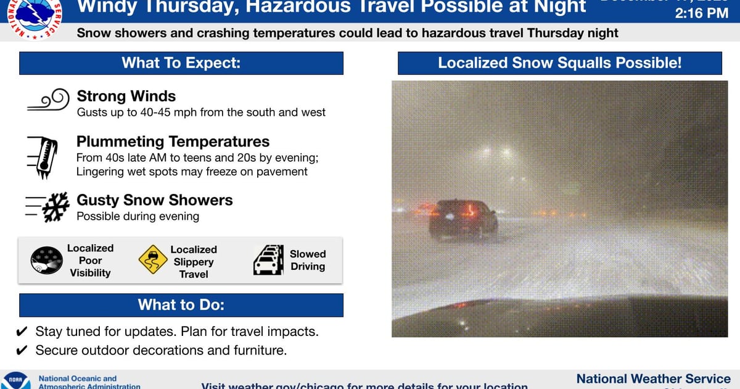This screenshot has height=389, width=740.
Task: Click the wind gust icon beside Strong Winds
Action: (x=47, y=101)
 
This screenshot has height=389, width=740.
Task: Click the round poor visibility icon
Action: (x=46, y=261)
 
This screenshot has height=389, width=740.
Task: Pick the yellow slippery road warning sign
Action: (x=152, y=261)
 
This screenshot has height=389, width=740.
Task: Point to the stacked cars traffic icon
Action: (x=268, y=261)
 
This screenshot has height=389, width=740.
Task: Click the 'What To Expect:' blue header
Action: (x=181, y=63)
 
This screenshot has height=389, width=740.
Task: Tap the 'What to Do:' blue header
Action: (x=181, y=304)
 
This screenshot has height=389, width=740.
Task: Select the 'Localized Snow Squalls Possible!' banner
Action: (x=559, y=63)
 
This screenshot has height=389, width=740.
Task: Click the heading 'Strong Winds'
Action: (x=126, y=96)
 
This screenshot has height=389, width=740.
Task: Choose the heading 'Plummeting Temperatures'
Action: (x=173, y=141)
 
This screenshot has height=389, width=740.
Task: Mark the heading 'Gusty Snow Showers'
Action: (x=154, y=200)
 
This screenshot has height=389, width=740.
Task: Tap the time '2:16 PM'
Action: (x=701, y=13)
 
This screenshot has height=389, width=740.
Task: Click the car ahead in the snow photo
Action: (x=463, y=219)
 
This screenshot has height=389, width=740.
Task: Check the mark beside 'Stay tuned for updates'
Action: (x=22, y=332)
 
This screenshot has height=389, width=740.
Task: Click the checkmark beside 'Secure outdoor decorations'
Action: (x=22, y=351)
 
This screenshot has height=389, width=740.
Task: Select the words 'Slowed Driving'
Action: (x=308, y=261)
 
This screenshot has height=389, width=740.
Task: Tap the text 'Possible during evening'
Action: (x=138, y=216)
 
